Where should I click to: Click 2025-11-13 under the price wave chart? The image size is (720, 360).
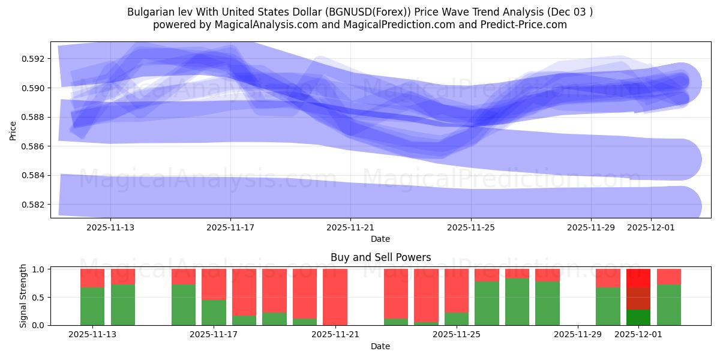pos(110,227)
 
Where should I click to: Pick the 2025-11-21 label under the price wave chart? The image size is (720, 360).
pos(350,227)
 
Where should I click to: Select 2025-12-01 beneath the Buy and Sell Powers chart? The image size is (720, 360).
pos(638,335)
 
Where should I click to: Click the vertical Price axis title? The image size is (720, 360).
pos(13,130)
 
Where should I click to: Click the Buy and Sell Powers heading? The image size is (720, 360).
pos(380,257)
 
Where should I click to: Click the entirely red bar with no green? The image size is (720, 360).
pos(335,297)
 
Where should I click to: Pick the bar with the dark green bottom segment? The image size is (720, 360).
pos(638,317)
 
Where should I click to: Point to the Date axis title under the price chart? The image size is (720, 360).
pos(380,239)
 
